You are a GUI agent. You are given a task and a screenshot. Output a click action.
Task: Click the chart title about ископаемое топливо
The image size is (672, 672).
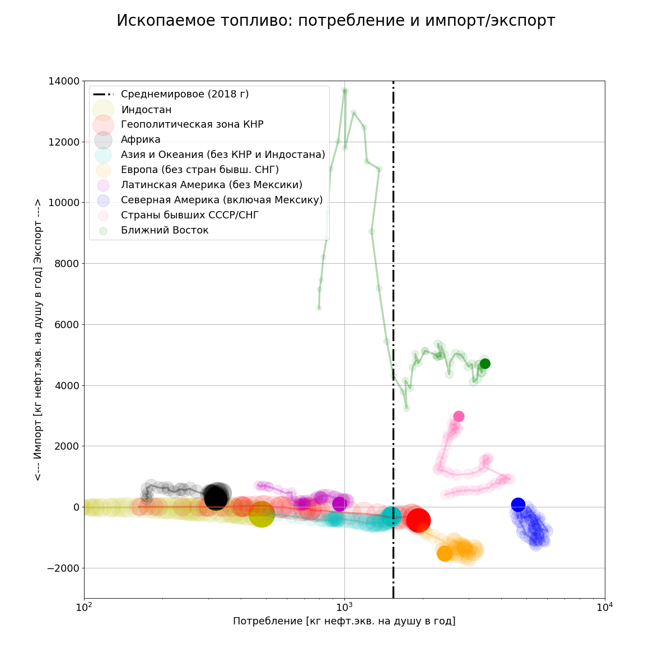(x=335, y=21)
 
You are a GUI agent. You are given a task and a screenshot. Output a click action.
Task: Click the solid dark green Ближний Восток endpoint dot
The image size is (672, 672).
(x=485, y=363)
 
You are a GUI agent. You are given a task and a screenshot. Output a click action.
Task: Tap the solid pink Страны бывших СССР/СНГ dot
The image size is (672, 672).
(x=459, y=416)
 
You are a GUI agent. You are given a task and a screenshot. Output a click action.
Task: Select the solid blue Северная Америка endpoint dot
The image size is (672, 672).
(x=518, y=505)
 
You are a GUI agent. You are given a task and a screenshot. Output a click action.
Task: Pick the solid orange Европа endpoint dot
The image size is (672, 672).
(x=445, y=553)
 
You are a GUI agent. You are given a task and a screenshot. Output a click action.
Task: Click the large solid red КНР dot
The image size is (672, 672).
(x=418, y=520)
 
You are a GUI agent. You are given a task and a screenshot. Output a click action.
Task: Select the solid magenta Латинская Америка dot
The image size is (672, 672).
(x=339, y=504)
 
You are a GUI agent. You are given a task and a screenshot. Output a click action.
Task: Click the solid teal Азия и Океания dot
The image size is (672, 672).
(x=391, y=516)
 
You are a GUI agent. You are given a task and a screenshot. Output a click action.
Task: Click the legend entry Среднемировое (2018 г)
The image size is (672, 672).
(x=185, y=94)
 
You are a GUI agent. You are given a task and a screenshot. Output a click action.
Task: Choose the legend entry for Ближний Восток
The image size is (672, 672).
(x=165, y=230)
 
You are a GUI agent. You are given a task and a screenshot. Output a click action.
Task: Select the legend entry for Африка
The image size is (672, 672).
(x=141, y=139)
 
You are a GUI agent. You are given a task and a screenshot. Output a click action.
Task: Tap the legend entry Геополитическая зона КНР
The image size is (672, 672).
(x=192, y=124)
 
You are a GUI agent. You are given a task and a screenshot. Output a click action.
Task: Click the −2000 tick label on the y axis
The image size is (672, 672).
(x=61, y=568)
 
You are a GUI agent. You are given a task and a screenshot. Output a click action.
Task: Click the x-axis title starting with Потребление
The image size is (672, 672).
(x=344, y=621)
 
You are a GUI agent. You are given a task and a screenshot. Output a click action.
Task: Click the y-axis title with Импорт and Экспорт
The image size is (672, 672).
(x=38, y=339)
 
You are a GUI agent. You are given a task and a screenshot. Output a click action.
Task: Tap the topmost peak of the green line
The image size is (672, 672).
(x=344, y=90)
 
